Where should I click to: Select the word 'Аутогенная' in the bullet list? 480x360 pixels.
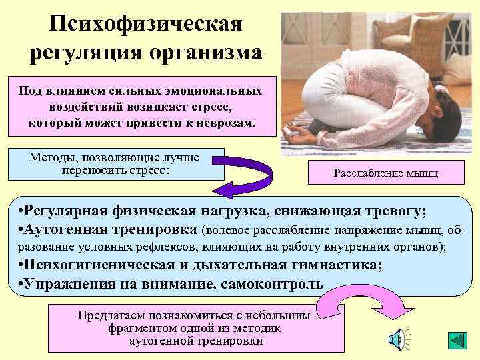(75, 230)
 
